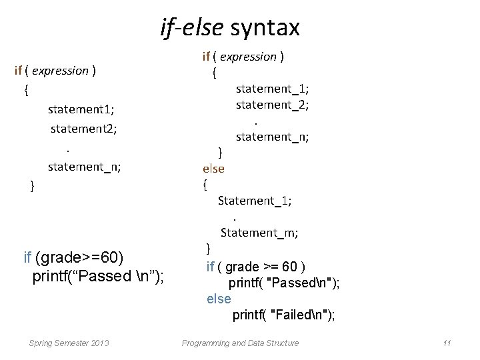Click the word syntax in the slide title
(265, 27)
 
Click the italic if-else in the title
(193, 27)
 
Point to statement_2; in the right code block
(272, 105)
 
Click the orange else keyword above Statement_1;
(213, 169)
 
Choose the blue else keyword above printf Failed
(219, 299)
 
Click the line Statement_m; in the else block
(259, 233)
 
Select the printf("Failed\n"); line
(283, 315)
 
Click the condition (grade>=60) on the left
(79, 257)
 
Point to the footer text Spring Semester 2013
(69, 343)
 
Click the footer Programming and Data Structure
(240, 343)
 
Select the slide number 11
(447, 343)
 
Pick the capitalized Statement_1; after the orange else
(255, 200)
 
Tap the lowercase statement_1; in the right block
(272, 88)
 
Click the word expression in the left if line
(60, 71)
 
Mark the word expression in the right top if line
(248, 57)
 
